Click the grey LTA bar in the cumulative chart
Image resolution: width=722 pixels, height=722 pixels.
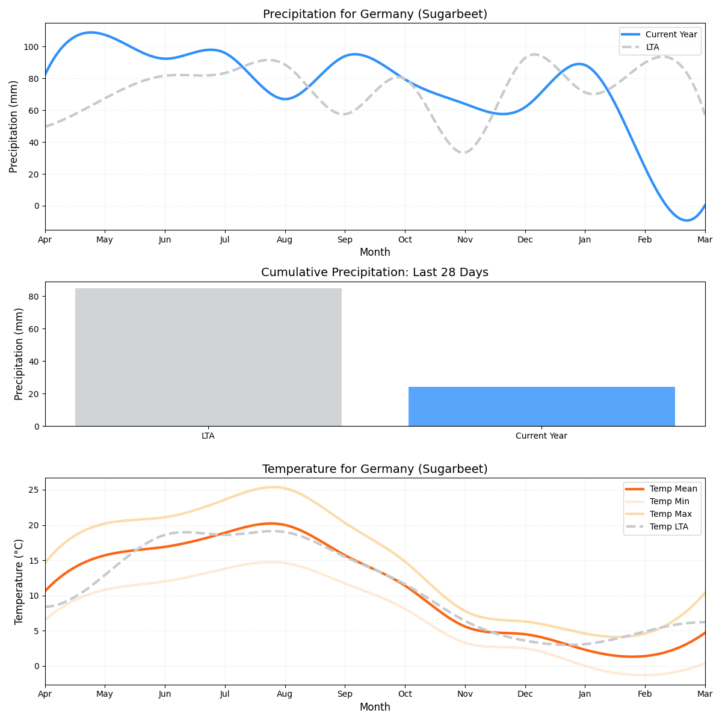(x=208, y=357)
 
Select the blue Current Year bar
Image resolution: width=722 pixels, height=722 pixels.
(x=541, y=406)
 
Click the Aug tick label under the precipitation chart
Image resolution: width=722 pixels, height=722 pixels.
(x=285, y=240)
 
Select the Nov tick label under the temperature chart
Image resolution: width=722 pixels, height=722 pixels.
(x=464, y=694)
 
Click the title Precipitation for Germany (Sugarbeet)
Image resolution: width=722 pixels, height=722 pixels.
(x=375, y=14)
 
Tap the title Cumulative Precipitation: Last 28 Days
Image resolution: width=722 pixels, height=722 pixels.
(x=375, y=273)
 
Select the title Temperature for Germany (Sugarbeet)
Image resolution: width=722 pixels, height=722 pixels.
(x=375, y=469)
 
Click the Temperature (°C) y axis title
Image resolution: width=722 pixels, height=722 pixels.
(x=19, y=581)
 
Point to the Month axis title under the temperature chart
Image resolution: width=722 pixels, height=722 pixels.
(x=375, y=707)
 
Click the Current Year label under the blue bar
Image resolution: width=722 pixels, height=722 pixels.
(x=541, y=436)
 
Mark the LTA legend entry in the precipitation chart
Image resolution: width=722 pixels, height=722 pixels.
(x=652, y=47)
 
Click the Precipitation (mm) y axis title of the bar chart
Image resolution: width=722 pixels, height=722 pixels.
(x=19, y=354)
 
